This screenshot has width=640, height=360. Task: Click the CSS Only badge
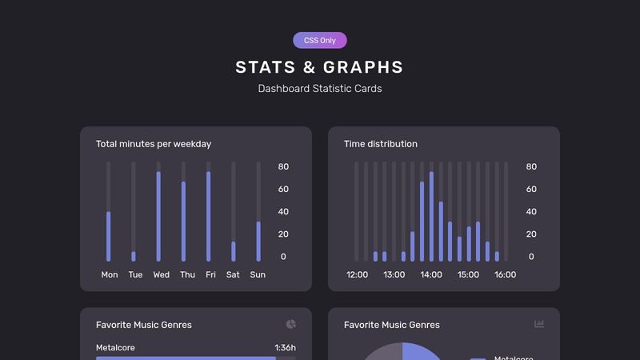[320, 40]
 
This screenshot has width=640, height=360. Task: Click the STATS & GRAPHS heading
[320, 67]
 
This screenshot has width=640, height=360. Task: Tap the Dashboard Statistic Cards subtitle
[320, 89]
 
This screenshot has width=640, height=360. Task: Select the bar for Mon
[109, 236]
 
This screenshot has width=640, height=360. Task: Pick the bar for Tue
[134, 256]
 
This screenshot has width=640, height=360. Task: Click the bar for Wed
[158, 216]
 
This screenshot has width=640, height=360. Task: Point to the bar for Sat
[234, 251]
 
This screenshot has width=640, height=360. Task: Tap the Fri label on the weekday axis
[210, 274]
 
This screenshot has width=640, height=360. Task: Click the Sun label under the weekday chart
[258, 274]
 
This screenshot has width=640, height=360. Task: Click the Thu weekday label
[187, 274]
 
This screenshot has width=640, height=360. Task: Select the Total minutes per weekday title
[154, 144]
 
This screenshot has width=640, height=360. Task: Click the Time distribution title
[381, 144]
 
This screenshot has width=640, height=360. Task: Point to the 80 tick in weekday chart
[283, 166]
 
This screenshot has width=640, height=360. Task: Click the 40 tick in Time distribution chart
[531, 212]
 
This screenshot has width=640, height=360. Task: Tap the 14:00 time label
[431, 274]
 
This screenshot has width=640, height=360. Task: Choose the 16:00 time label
[505, 274]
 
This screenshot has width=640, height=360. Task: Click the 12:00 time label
[357, 274]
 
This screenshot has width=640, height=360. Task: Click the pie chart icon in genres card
[290, 324]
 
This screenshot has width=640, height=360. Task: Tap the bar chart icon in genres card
[539, 324]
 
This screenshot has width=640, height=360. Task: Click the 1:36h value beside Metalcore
[285, 348]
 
